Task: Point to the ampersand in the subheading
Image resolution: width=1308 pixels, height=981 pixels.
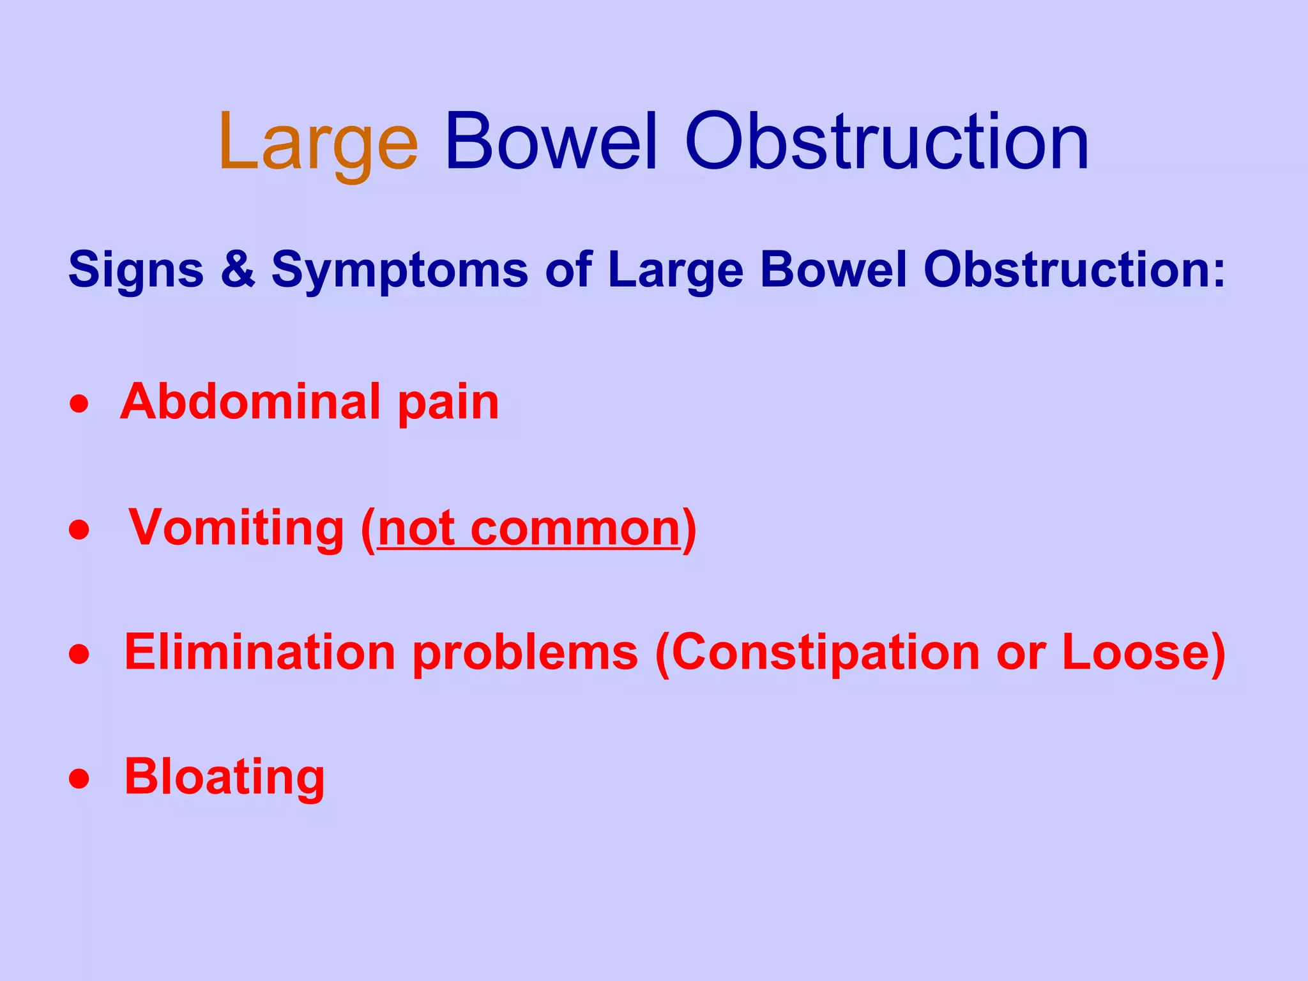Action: [238, 270]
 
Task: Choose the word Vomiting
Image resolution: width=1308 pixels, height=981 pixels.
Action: [236, 529]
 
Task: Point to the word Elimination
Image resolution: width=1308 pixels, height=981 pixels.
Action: [260, 652]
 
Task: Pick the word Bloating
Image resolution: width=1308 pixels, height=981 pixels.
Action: [224, 777]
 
